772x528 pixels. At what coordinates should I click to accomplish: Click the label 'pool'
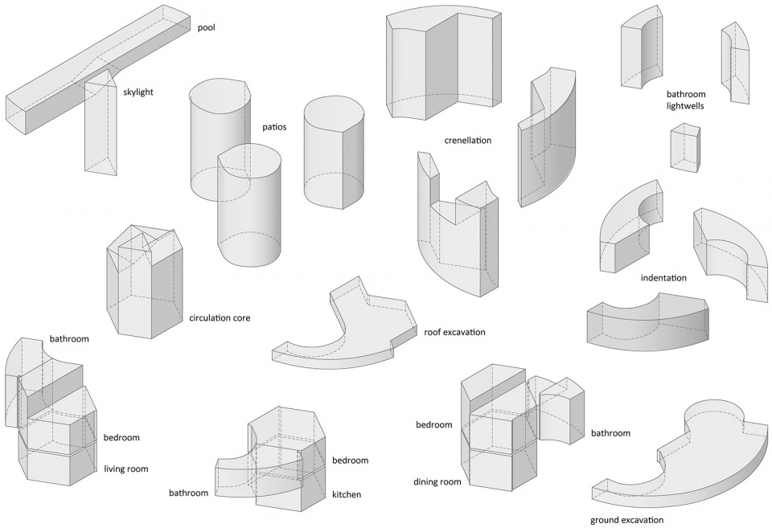click(207, 27)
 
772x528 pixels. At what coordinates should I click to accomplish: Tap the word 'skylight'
click(138, 92)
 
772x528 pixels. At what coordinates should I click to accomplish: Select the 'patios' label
click(274, 127)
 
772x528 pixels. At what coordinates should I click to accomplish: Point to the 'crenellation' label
click(468, 141)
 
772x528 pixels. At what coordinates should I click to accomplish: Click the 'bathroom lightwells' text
click(686, 100)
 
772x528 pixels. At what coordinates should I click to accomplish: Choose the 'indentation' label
click(663, 278)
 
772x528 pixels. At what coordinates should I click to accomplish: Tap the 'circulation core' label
click(220, 318)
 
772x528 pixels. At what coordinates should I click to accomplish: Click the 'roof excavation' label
click(454, 332)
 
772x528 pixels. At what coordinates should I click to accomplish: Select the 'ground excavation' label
click(626, 520)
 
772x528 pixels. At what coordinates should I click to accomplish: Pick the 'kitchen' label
click(346, 494)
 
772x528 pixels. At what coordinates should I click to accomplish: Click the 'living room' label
click(126, 469)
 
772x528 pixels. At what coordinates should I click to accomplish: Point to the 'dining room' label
click(437, 481)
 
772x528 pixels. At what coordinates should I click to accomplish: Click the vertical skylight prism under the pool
click(101, 123)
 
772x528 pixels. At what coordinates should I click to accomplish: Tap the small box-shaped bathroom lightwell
click(684, 148)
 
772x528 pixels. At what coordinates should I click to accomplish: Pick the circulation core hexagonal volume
click(146, 282)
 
